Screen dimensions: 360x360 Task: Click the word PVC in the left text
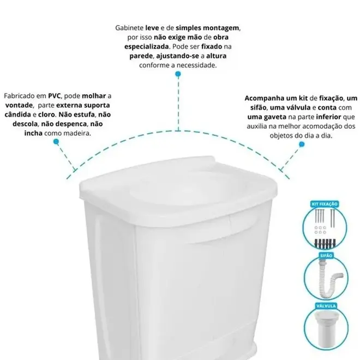pyautogui.click(x=54, y=96)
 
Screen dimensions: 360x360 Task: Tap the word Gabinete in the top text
pyautogui.click(x=129, y=28)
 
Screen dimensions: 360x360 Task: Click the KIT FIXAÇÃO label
pyautogui.click(x=325, y=204)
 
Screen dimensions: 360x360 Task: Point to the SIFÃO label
pyautogui.click(x=326, y=255)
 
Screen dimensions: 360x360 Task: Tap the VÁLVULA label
pyautogui.click(x=326, y=306)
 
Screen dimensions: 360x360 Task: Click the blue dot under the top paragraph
pyautogui.click(x=178, y=74)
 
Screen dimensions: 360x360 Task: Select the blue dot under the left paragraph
pyautogui.click(x=56, y=142)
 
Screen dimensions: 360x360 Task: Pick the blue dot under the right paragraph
pyautogui.click(x=302, y=144)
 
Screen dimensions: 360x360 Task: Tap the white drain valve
pyautogui.click(x=326, y=328)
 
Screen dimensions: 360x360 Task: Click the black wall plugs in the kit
pyautogui.click(x=324, y=243)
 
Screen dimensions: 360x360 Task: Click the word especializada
pyautogui.click(x=147, y=47)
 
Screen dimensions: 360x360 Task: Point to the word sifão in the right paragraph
pyautogui.click(x=259, y=107)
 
